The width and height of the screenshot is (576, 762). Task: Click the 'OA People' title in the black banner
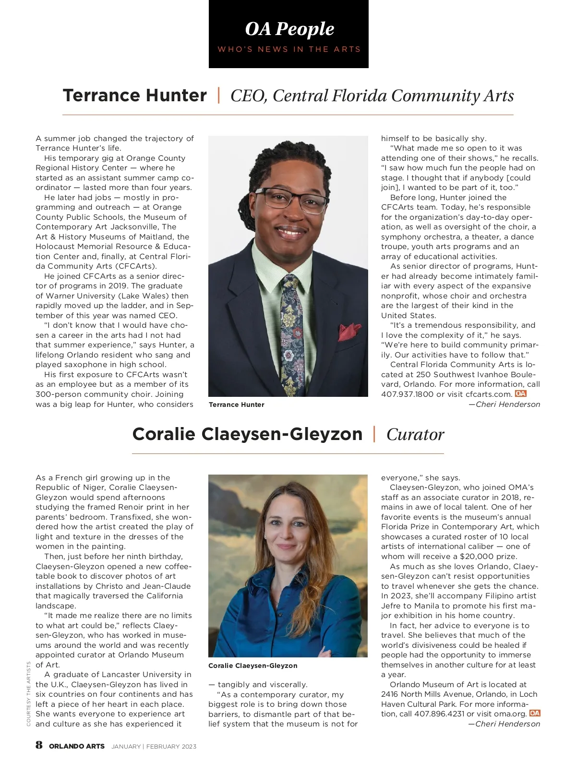point(289,29)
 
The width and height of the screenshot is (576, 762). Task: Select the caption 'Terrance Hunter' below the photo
point(236,405)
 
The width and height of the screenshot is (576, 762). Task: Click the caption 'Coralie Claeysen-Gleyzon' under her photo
point(252,666)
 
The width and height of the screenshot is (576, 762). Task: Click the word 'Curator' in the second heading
point(415,434)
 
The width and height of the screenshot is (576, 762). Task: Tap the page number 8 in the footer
point(39,745)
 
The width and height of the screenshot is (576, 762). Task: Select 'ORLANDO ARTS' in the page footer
point(77,746)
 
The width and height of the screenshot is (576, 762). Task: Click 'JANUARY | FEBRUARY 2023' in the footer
point(154,746)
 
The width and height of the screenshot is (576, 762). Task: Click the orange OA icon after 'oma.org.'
point(535,713)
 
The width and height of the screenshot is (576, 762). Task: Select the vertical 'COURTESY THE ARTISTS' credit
point(29,693)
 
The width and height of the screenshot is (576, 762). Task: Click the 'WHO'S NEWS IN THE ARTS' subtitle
point(289,49)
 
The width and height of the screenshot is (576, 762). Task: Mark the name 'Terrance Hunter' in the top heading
point(135,95)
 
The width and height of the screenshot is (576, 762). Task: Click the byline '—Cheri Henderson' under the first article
point(504,404)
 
